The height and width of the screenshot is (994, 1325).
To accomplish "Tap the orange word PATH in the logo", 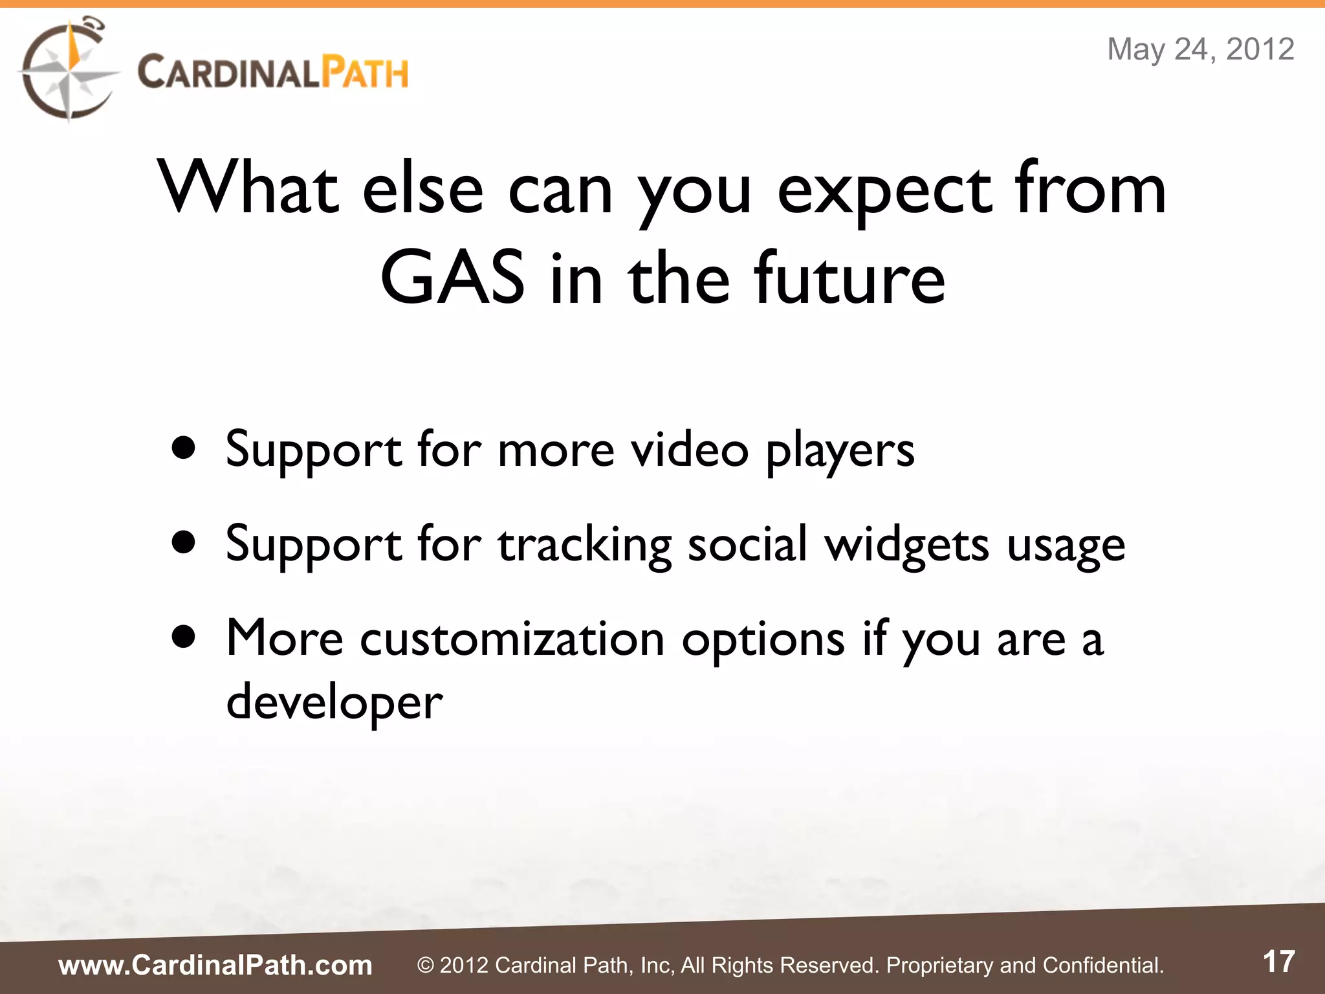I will coord(365,72).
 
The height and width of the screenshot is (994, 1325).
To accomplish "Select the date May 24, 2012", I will coord(1200,49).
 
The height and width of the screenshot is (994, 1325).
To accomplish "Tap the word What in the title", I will coord(249,189).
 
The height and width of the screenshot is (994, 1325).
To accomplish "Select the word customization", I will coord(512,639).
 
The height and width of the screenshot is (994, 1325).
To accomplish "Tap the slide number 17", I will coord(1278,962).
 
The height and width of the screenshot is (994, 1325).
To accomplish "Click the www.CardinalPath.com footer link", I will coord(215,965).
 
